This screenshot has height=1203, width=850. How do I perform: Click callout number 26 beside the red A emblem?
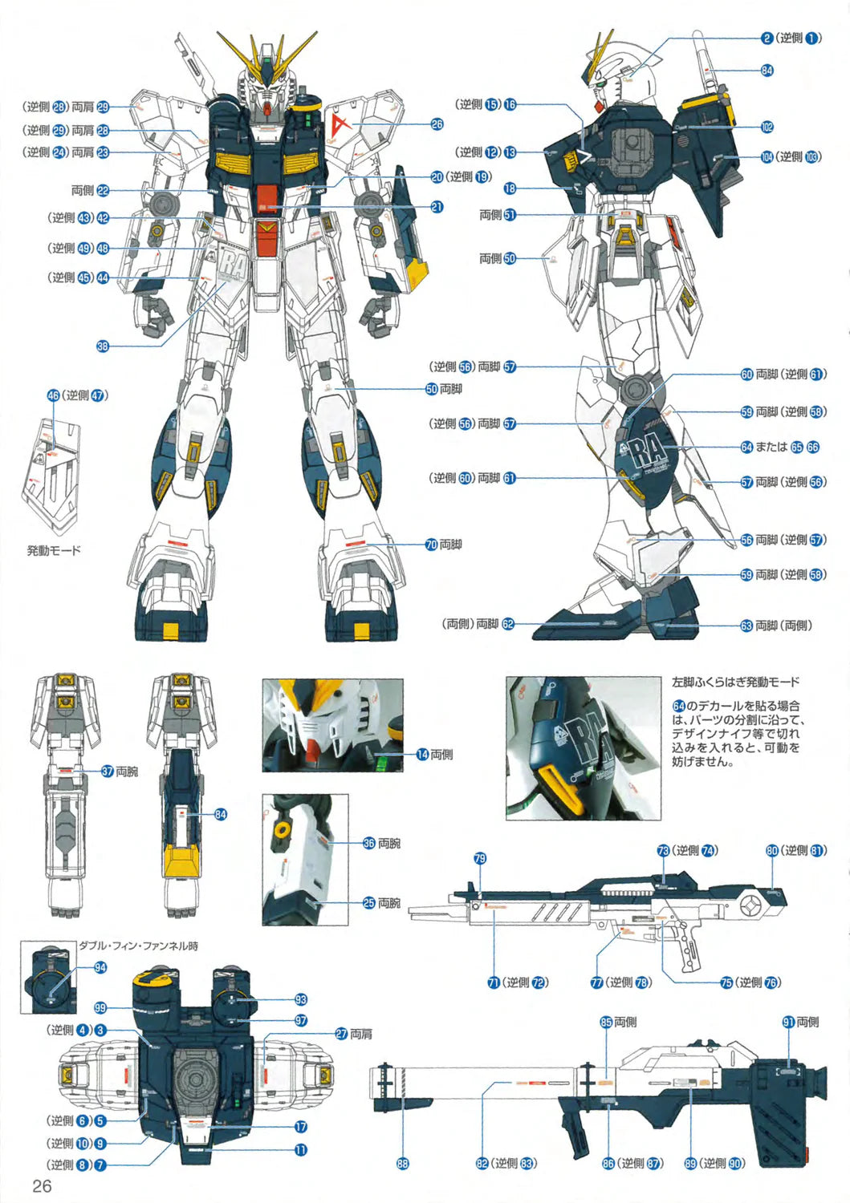point(437,124)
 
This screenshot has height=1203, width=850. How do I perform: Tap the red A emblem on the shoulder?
point(340,124)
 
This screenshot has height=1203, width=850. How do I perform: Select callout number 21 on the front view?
point(437,207)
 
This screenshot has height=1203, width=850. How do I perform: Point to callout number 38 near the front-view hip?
point(103,346)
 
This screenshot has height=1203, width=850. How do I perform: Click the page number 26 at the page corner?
point(42,1186)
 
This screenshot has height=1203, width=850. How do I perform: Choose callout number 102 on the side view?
point(767,127)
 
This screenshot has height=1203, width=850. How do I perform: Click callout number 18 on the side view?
point(510,188)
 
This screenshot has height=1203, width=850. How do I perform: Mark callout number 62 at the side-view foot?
point(508,623)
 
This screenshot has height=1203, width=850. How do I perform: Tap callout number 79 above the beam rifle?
point(480,859)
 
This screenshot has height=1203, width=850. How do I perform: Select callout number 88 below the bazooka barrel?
point(403,1163)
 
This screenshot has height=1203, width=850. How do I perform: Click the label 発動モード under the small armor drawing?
point(54,551)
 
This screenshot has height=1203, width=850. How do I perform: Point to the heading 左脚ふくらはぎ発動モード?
point(735,683)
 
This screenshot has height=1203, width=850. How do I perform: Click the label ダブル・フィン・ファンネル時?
point(138,946)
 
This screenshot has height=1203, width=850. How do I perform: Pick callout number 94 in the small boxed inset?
point(100,967)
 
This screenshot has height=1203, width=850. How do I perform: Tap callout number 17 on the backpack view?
point(301,1127)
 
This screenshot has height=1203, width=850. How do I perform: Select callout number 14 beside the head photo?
point(422,754)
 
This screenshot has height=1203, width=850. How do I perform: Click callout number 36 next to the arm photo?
point(369,843)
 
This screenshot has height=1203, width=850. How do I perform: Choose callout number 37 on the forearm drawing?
point(108,771)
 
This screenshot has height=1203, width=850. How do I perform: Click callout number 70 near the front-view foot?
point(432,545)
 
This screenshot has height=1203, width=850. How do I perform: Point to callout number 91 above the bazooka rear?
point(788,1022)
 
